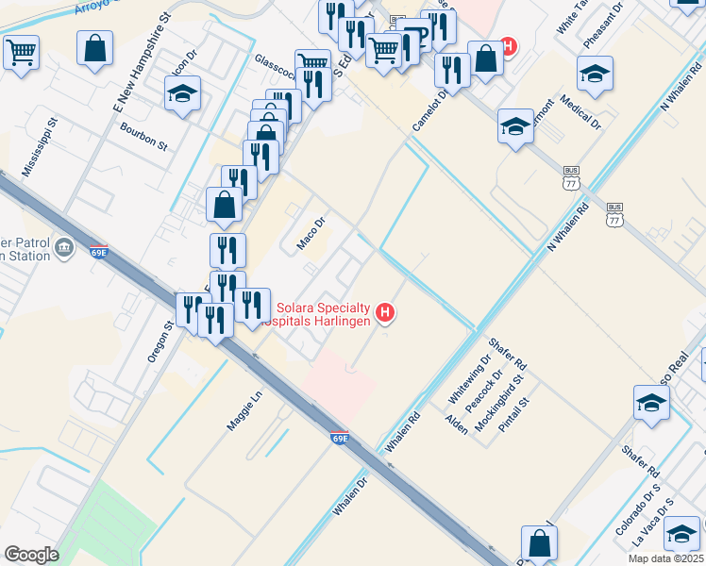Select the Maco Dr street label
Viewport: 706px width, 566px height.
(x=311, y=233)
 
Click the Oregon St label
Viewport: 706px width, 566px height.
(x=157, y=341)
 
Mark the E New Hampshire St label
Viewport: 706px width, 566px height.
(x=140, y=62)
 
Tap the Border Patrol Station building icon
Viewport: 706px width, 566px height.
(x=64, y=248)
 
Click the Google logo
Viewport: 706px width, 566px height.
(x=31, y=555)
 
